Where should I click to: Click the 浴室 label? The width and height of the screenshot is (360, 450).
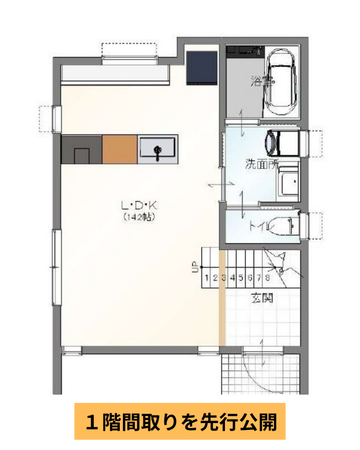262,81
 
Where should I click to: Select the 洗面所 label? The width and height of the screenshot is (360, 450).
262,164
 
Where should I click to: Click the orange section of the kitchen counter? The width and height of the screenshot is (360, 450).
120,149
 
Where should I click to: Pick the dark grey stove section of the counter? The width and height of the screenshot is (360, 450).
81,149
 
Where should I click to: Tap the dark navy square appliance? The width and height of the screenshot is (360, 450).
202,68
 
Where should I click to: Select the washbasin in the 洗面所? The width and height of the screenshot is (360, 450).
289,184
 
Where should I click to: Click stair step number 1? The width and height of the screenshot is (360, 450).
207,278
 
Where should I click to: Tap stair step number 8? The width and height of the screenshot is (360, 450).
267,278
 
